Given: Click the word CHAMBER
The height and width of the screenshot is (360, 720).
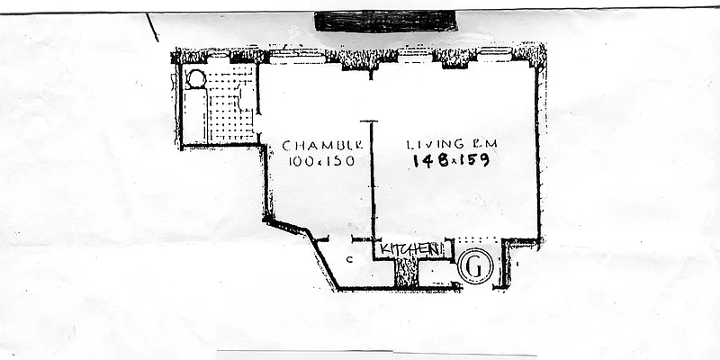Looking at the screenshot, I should [322, 145].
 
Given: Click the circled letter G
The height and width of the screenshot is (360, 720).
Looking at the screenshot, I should [475, 266].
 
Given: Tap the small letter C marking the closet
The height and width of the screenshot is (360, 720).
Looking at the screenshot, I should [349, 260].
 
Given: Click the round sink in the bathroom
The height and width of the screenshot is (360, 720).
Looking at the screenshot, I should [196, 78].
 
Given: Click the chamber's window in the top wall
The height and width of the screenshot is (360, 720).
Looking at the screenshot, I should [297, 55].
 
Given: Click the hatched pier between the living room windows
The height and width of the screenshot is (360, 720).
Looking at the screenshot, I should [454, 58].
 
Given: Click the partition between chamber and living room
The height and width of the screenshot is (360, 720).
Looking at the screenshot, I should [373, 180].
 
